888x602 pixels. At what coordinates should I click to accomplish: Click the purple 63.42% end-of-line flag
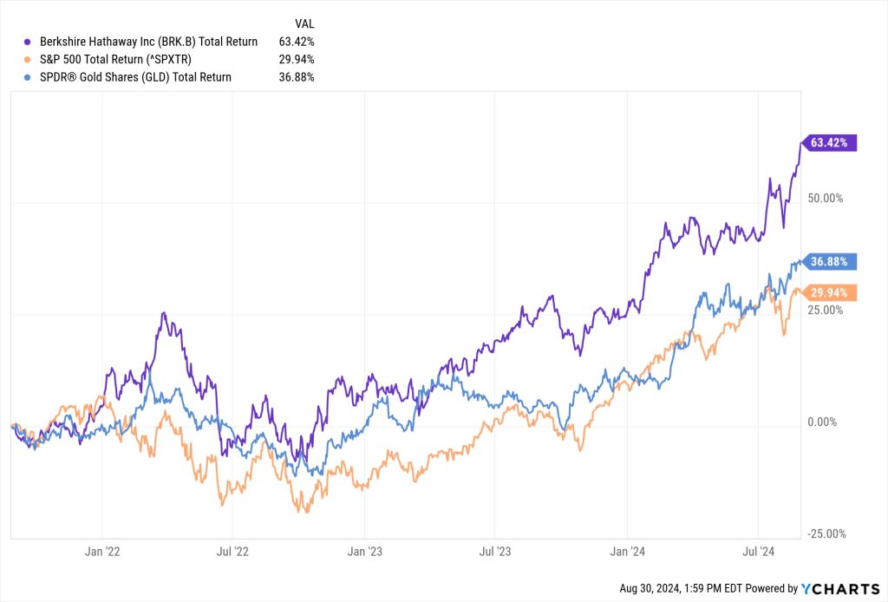(832, 142)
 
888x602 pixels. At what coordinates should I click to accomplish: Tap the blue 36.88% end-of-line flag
(832, 261)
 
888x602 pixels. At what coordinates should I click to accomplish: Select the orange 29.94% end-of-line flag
(832, 292)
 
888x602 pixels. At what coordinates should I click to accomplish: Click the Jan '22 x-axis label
(101, 551)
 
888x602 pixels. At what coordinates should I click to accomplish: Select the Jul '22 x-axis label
(232, 551)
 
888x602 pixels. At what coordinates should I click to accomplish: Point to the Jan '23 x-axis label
(364, 551)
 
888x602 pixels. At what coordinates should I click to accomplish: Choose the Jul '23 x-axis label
(494, 551)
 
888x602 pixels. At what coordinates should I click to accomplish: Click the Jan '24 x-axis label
(627, 551)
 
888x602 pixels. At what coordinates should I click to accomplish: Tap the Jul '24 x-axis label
(758, 551)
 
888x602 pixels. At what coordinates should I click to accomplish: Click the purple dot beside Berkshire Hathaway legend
(28, 41)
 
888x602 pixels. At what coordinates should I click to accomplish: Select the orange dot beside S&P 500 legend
(28, 59)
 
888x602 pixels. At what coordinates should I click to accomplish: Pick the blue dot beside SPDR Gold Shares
(28, 77)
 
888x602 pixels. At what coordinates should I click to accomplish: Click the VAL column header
(304, 23)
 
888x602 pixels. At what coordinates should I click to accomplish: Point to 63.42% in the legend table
(296, 41)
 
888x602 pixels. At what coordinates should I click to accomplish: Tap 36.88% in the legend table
(296, 77)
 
